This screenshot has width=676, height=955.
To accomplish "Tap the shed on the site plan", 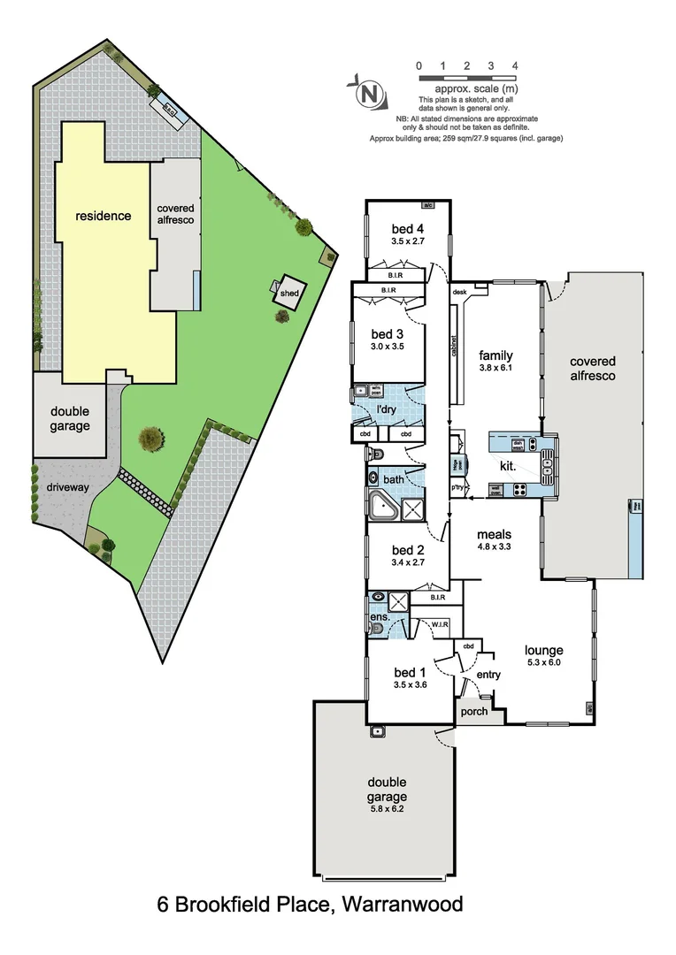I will coord(288,293).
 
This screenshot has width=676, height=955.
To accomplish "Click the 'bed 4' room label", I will coord(408,228).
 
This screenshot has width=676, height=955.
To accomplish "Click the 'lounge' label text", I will coord(542,650).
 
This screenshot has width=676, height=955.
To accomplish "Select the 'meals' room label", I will coord(494,534).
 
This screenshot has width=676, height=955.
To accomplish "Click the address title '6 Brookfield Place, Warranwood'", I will coord(310,905).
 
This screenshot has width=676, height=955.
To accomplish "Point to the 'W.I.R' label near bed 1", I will coord(440,625).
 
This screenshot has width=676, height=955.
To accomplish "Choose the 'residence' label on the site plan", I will coord(103,216).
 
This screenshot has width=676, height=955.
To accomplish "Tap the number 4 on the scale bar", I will coord(514,66).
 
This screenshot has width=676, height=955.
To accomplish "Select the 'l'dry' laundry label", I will coord(386,410).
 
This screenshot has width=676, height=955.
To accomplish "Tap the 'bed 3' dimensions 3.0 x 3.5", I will coord(388,347).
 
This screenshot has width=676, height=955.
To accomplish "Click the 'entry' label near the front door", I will coord(488,675).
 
